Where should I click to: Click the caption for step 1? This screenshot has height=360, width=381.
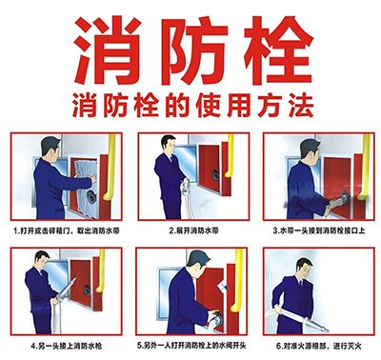[65, 230]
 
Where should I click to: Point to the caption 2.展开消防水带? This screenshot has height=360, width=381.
[190, 230]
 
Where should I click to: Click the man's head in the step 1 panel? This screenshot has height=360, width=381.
[47, 150]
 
